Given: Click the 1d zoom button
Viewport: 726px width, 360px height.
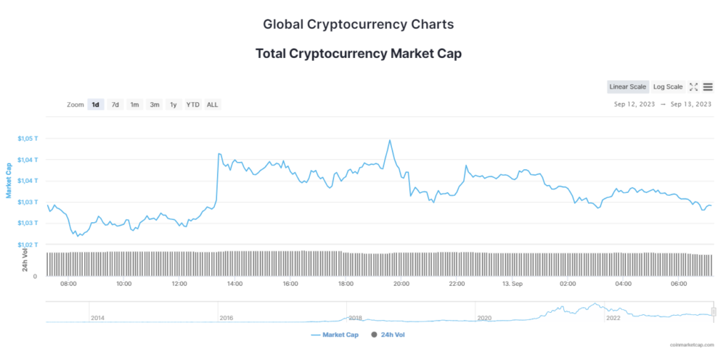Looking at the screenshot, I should tap(95, 105).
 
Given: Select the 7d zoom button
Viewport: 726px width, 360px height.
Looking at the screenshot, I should tap(115, 105).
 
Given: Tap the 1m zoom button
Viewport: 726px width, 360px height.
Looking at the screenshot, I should tap(134, 105).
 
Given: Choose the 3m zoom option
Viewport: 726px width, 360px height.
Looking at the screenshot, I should tap(155, 105).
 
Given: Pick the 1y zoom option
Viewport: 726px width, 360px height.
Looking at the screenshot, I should tap(173, 105).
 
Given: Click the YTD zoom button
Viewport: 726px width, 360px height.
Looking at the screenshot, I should tap(192, 105).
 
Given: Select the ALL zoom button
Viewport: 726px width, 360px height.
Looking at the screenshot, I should tap(212, 105).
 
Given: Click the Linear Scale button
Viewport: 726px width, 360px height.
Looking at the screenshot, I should tap(628, 87).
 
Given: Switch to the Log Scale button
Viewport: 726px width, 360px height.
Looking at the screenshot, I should tap(667, 87).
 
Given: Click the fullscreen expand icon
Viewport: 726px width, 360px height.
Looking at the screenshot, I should tap(693, 87).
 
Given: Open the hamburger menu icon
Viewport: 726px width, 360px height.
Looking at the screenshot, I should tap(708, 87).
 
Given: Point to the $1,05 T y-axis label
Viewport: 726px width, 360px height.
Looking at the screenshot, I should tap(28, 138).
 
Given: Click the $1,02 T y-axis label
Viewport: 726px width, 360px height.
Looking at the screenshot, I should tap(28, 245).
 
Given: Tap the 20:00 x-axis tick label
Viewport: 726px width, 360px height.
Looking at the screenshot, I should tap(401, 284).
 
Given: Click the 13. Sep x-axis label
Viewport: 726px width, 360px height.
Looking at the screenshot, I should tap(513, 284).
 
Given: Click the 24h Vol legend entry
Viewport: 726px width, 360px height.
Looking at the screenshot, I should tap(392, 335).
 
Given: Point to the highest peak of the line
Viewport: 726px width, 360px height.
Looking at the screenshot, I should tap(390, 140).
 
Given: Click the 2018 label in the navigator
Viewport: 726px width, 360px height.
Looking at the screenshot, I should tap(355, 318).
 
